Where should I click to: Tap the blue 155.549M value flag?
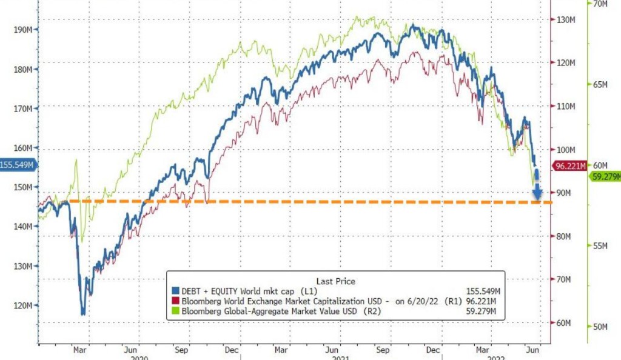(17, 165)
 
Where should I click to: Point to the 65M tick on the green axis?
(600, 84)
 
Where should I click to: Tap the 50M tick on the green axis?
(600, 327)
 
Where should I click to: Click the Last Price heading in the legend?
(335, 281)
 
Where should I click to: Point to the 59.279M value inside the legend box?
(484, 312)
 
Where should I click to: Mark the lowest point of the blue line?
(83, 314)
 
